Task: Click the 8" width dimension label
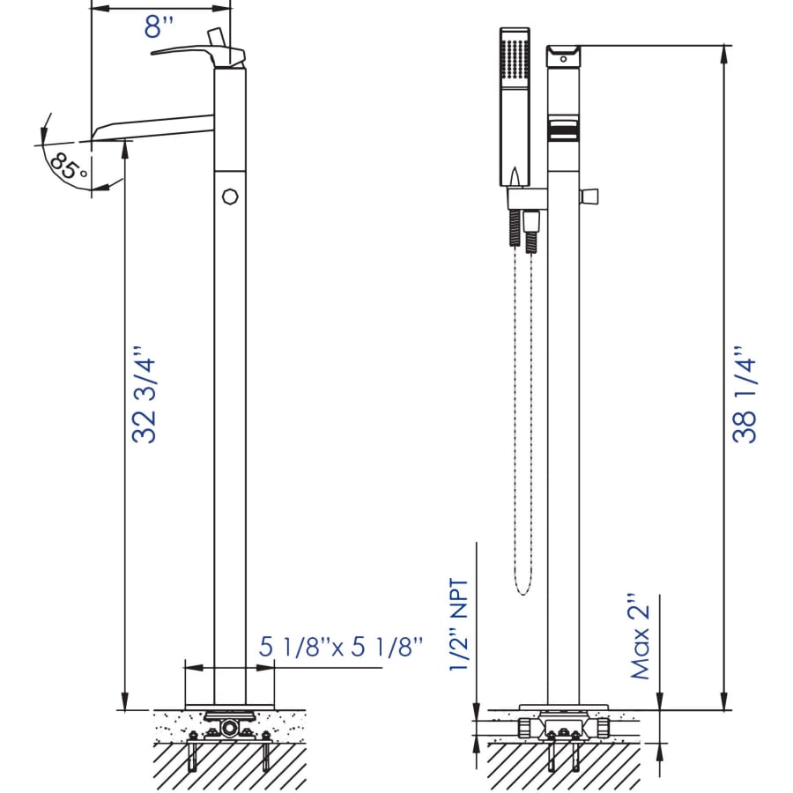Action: (x=159, y=26)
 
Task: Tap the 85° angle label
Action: (x=69, y=167)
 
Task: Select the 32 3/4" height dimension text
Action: (x=144, y=395)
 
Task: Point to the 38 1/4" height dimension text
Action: (x=745, y=395)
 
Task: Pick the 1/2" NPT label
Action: (x=459, y=625)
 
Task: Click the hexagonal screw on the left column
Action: (x=230, y=196)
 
